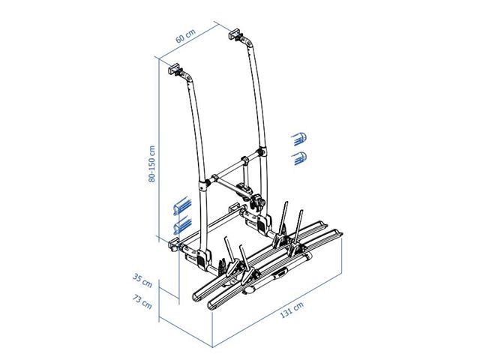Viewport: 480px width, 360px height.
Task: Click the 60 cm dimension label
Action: pyautogui.click(x=185, y=36)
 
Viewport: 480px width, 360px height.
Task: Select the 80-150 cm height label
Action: pyautogui.click(x=151, y=164)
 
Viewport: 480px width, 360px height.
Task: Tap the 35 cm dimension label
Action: pyautogui.click(x=142, y=280)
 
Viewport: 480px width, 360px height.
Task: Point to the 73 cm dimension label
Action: pyautogui.click(x=142, y=301)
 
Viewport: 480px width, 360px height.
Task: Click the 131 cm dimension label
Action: pyautogui.click(x=292, y=310)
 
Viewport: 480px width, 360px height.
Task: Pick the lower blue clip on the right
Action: pyautogui.click(x=299, y=158)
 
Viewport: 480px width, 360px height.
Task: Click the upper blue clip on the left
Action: pyautogui.click(x=182, y=206)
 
